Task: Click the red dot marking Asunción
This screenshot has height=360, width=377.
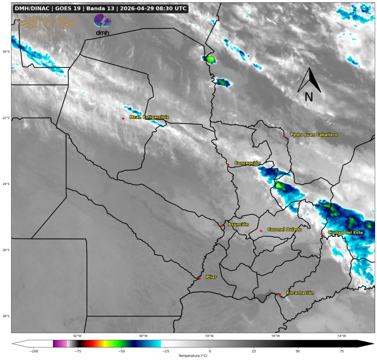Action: pos(222,226)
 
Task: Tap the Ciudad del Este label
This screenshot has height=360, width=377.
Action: pos(345,233)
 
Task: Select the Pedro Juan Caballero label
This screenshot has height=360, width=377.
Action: pos(314,135)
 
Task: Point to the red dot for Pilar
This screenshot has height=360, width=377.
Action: pos(199,278)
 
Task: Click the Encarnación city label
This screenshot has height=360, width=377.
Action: pos(300,293)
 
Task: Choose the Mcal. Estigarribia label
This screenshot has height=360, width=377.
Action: pos(149,117)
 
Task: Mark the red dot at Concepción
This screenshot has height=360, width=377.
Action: pos(228,165)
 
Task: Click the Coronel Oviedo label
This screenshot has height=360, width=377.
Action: pos(284,229)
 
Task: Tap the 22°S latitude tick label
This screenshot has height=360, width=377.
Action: pos(6,118)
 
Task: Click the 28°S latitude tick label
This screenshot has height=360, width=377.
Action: pos(6,316)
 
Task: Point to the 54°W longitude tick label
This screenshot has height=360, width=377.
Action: pos(342,336)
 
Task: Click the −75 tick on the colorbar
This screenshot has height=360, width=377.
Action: pos(78,351)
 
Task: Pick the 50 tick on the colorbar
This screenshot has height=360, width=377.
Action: pos(297,351)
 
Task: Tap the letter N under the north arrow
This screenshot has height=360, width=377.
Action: pos(309,97)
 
